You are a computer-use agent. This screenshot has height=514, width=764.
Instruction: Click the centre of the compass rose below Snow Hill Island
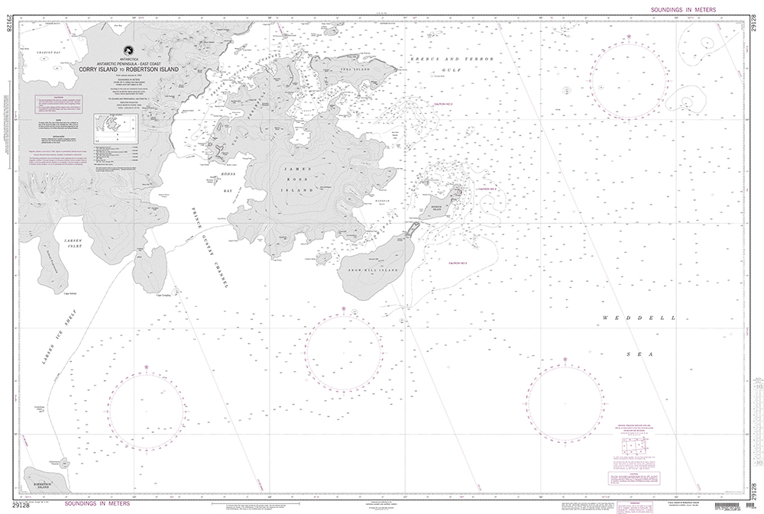pyautogui.click(x=343, y=351)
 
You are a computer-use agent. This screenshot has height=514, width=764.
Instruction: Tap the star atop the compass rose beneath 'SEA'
pyautogui.click(x=565, y=359)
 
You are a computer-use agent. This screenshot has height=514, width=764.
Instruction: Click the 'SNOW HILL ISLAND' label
pyautogui.click(x=374, y=270)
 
